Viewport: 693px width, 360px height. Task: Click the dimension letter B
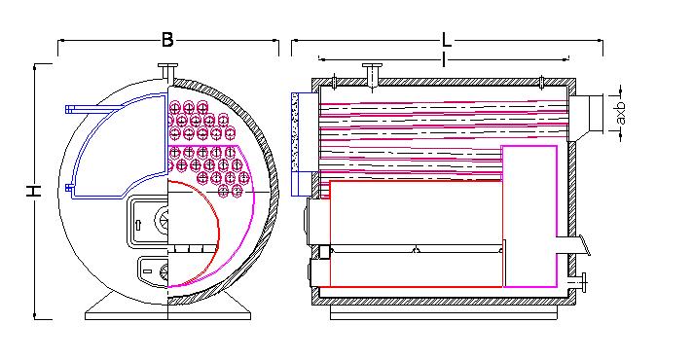point(167,40)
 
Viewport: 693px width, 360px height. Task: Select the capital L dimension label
point(447,41)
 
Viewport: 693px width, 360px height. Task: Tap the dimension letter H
point(34,191)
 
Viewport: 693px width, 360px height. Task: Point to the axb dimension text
point(621,112)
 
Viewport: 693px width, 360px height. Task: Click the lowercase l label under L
point(443,59)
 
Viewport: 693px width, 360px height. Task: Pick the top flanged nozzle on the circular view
point(168,72)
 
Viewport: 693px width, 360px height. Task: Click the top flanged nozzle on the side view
point(372,74)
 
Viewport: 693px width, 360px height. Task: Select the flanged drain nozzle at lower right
point(578,282)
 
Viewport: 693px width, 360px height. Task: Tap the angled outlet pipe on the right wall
point(573,245)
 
